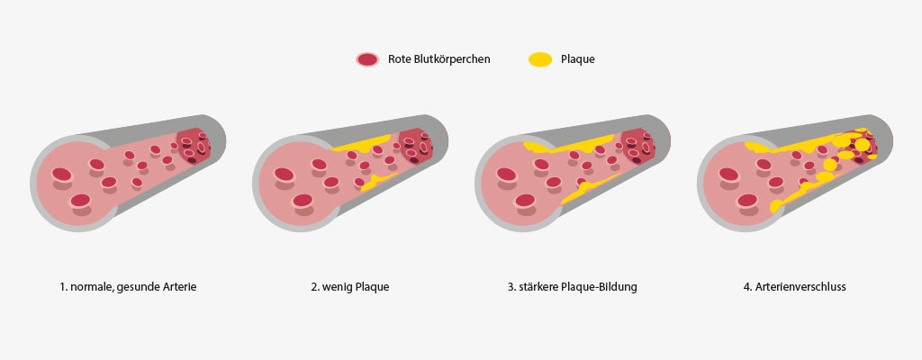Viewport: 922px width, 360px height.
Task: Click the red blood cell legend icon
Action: pos(367,59)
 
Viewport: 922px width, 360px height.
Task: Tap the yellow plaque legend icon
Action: pos(540,59)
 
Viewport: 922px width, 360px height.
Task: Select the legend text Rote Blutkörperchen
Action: pos(439,59)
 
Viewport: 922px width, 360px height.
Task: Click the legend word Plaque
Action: pos(578,59)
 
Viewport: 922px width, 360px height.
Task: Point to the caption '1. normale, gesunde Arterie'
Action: pos(128,288)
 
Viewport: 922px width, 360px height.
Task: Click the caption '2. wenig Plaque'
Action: pos(350,288)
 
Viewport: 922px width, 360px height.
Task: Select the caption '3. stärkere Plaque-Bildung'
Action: pos(573,288)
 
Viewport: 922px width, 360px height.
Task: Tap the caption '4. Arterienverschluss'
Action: pos(794,288)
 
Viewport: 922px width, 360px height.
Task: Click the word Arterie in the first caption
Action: pos(178,288)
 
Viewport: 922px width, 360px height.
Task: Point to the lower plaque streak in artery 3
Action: pos(588,188)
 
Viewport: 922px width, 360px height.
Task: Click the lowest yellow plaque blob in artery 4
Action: pos(776,206)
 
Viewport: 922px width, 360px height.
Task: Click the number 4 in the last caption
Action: pos(746,288)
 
